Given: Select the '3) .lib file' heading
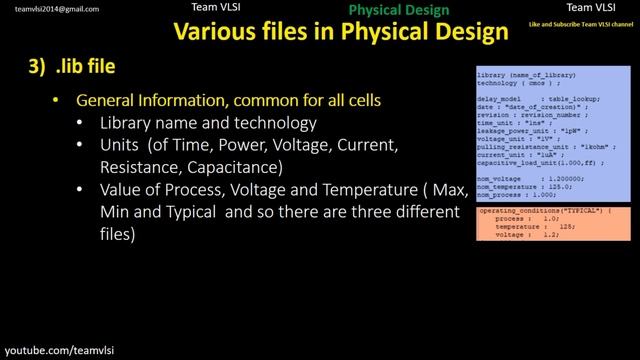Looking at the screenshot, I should point(74,68).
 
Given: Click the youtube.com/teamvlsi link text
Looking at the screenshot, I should point(53,350).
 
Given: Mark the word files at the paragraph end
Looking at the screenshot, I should point(118,238).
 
